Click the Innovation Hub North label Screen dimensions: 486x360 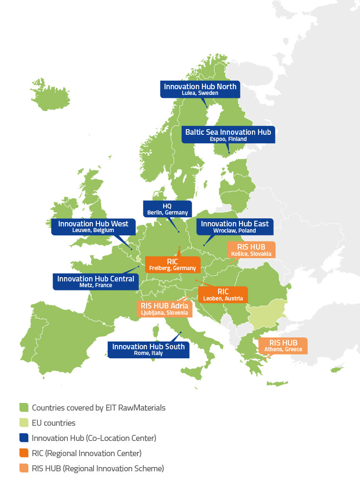point(200,89)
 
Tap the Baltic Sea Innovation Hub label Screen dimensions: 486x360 point(228,135)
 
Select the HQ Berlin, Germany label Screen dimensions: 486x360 point(167,209)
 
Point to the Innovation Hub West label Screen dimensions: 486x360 point(93,226)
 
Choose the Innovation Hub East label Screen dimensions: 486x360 point(235,226)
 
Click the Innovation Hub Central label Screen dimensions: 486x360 point(96,281)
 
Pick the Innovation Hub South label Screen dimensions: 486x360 point(148,349)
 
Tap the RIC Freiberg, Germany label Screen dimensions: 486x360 point(172,265)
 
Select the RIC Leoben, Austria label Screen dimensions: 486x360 point(223,295)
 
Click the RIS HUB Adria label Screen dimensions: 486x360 point(165,308)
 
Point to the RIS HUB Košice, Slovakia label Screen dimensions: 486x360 point(250,250)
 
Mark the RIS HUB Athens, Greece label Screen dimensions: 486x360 point(283,346)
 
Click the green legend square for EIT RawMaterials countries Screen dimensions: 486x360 point(24,407)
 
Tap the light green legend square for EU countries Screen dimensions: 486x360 point(24,422)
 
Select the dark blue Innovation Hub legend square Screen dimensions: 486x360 point(24,438)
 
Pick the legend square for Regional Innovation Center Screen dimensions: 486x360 point(24,453)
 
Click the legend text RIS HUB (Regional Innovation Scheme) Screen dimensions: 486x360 point(98,468)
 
